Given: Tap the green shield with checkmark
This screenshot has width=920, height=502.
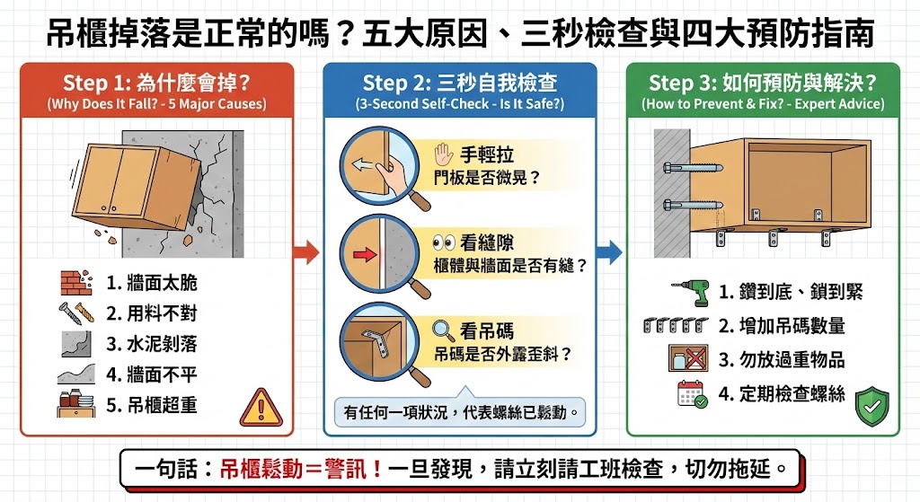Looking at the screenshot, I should click(x=871, y=405).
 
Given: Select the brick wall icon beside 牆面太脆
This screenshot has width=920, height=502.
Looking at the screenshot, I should click(x=75, y=283).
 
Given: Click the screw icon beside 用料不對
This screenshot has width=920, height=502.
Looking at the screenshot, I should click(x=75, y=313).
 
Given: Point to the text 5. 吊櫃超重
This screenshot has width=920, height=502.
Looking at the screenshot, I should click(x=151, y=405).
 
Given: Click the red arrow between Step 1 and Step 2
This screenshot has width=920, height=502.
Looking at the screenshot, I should click(x=306, y=252).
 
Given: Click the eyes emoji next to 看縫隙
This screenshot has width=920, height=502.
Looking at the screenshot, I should click(x=444, y=242).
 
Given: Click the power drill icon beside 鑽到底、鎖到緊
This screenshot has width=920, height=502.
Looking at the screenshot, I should click(x=690, y=291).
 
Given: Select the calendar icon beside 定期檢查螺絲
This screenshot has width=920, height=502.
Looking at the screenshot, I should click(x=690, y=393).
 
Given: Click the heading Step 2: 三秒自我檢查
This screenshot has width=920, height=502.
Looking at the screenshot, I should click(x=459, y=84).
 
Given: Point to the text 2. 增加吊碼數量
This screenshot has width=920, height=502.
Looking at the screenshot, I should click(x=781, y=325).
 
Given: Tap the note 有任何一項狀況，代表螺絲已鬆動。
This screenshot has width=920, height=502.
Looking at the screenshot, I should click(x=459, y=413).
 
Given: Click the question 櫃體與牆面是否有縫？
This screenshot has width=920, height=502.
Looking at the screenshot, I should click(x=509, y=266).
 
